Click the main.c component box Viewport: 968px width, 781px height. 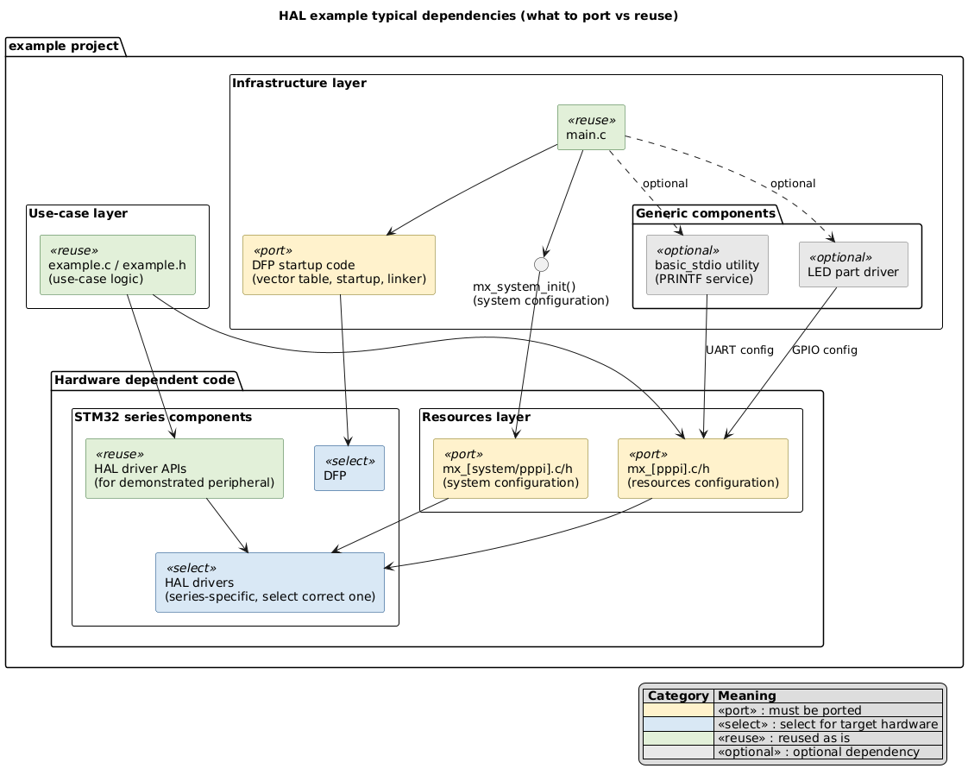click(591, 128)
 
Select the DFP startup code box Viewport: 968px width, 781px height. click(339, 265)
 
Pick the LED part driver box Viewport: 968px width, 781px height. click(852, 265)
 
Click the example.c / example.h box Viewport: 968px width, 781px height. click(118, 264)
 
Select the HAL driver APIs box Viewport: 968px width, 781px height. click(185, 468)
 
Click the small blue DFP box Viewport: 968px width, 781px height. click(349, 468)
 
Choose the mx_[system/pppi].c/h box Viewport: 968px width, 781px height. click(510, 468)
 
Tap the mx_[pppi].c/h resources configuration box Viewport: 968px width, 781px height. click(702, 468)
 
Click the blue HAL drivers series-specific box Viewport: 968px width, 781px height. click(269, 583)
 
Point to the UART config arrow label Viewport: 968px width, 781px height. click(739, 350)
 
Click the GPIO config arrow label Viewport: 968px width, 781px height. click(824, 350)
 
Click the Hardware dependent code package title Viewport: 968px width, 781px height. click(143, 379)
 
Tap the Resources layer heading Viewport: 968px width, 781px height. click(475, 418)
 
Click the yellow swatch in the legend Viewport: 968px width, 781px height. click(678, 710)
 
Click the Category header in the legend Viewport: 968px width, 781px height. click(678, 696)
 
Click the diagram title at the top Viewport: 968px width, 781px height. click(484, 16)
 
